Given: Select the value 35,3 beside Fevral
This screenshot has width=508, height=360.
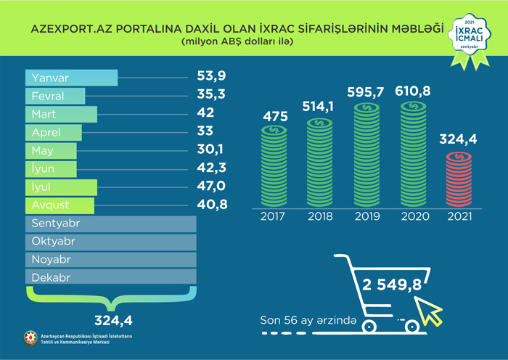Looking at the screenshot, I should tap(211, 95).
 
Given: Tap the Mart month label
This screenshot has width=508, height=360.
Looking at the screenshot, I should tap(44, 115).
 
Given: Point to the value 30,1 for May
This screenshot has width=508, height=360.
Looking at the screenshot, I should tap(211, 150).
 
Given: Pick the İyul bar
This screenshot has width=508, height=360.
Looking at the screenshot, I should tap(61, 187).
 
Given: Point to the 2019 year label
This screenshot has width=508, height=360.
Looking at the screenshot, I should tap(368, 216).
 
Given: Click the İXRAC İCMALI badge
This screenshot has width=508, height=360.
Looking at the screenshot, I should tap(467, 33).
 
